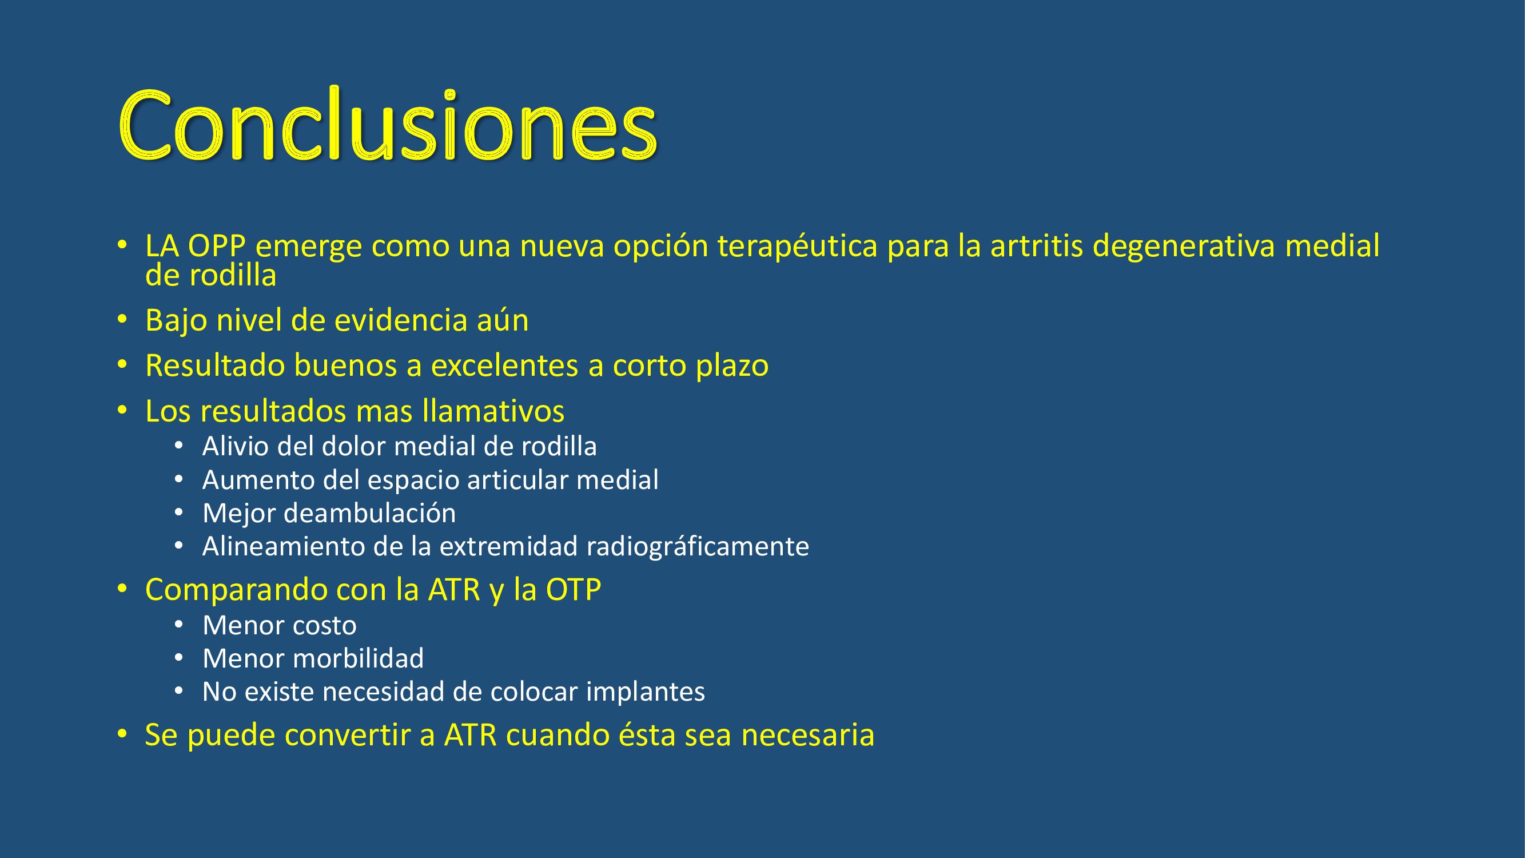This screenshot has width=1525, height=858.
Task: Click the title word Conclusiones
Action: coord(388,124)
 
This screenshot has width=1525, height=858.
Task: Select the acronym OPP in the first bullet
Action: coord(217,246)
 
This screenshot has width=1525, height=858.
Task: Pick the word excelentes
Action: coord(504,366)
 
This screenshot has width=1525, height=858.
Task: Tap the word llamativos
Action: coord(493,411)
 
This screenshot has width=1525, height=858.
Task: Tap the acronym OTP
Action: coord(574,590)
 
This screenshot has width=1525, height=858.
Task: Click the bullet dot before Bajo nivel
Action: coord(122,320)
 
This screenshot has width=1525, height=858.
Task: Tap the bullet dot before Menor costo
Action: coord(179,625)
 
